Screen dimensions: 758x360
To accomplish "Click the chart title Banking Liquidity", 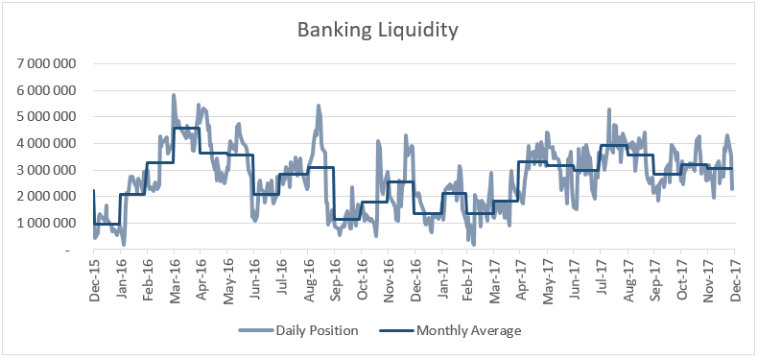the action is (377, 31).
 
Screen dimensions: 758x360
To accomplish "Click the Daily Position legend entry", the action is (298, 331).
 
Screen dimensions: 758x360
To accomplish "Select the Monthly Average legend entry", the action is (450, 331).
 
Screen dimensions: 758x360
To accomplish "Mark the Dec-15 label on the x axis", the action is (94, 277).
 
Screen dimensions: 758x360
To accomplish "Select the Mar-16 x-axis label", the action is (174, 277).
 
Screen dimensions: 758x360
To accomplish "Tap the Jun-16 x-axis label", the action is (254, 277).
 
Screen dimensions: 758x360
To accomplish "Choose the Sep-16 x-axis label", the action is (334, 277).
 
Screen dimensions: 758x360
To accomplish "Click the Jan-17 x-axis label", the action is (440, 277).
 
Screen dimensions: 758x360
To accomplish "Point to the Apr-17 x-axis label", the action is (521, 277).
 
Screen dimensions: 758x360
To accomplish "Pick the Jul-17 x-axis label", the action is (601, 277).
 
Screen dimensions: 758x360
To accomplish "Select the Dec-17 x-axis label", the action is (735, 277).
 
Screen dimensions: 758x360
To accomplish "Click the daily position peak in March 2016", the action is (173, 95).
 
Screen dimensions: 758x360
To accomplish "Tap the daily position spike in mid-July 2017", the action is (609, 109).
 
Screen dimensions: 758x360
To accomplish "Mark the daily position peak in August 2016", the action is (319, 105).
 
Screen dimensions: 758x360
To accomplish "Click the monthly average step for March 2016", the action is (186, 128).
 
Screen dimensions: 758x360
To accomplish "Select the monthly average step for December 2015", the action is (107, 224).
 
